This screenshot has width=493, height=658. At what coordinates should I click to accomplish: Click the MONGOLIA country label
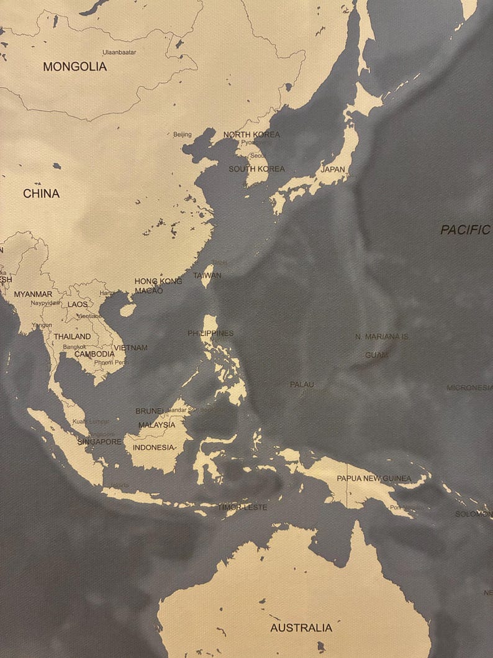point(75,66)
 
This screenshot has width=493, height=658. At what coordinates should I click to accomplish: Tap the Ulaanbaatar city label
point(119,52)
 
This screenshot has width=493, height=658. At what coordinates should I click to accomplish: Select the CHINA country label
point(42,194)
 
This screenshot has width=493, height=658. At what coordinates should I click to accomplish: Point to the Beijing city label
point(183,134)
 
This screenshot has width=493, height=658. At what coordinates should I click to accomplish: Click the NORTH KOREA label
point(251,134)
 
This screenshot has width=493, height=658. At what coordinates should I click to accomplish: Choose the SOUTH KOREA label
point(256,169)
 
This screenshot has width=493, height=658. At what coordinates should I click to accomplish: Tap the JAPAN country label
point(333,169)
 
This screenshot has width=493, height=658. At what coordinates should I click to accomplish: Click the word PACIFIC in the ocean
point(465,230)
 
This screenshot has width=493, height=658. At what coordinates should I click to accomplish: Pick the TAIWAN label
point(207,275)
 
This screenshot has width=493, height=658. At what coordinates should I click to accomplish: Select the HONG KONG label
point(158,281)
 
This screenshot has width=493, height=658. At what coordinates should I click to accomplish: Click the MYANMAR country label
point(33,294)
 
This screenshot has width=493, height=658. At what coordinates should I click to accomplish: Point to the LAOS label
point(78,304)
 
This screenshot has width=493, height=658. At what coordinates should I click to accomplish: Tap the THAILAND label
point(72,336)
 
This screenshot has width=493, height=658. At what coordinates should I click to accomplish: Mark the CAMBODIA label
point(94,354)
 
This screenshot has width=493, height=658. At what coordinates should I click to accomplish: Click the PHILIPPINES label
point(210,334)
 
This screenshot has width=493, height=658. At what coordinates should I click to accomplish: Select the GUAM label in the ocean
point(376,355)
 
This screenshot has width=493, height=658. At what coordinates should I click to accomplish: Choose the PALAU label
point(302,385)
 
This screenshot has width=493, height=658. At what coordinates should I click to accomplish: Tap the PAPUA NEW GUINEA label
point(374,478)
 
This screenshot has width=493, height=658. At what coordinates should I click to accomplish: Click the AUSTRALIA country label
point(301,628)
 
